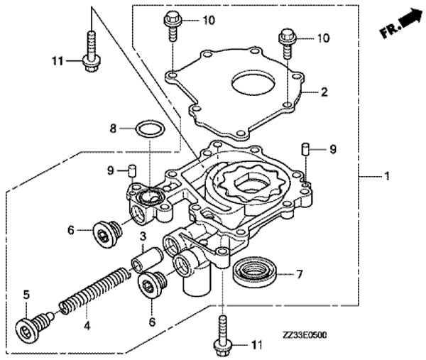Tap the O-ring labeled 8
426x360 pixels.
(x=151, y=129)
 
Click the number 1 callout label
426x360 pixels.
(x=386, y=176)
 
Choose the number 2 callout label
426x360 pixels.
(x=324, y=92)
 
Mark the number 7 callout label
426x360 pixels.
(x=300, y=273)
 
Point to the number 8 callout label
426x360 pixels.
(x=112, y=129)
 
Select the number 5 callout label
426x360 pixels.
(x=27, y=294)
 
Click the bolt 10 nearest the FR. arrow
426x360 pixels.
(x=286, y=42)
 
